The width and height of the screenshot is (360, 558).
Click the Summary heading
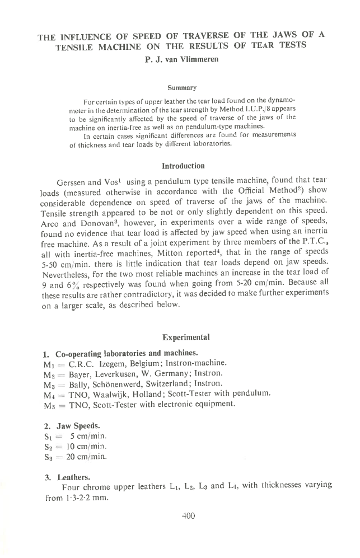pyautogui.click(x=180, y=88)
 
